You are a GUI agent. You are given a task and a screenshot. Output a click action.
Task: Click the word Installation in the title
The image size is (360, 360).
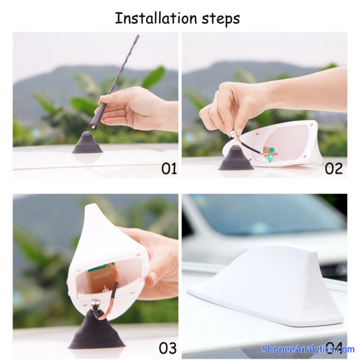(156, 18)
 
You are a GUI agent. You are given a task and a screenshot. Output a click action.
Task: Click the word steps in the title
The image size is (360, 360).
(221, 20)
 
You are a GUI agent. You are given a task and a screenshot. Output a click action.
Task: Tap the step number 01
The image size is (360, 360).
(169, 169)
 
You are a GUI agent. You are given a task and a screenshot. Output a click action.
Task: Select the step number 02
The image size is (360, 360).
(333, 169)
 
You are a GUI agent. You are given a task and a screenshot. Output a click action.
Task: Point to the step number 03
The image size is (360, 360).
(168, 349)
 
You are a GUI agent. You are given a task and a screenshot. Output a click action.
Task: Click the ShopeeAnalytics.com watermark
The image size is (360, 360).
(308, 349)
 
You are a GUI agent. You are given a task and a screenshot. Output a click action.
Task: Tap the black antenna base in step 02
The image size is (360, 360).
(236, 158)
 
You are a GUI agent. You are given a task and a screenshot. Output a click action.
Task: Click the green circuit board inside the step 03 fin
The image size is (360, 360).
(101, 277)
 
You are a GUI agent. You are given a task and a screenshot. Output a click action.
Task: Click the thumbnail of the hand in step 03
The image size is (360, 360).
(151, 279)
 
